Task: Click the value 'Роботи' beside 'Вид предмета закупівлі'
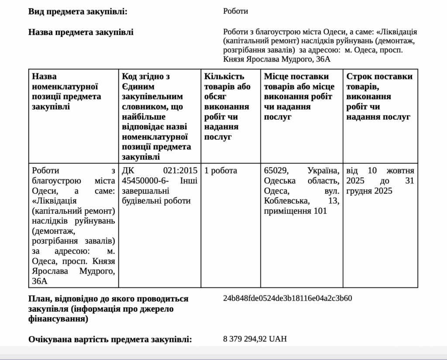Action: (235, 11)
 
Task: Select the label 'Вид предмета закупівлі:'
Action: (78, 11)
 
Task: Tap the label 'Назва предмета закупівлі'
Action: (81, 32)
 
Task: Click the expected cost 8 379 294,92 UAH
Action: (255, 339)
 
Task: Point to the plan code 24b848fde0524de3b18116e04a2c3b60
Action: (287, 298)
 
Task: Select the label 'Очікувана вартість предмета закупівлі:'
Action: (110, 339)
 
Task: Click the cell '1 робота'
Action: (220, 170)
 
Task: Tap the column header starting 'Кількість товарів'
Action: (227, 107)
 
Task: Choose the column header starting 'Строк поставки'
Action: (379, 97)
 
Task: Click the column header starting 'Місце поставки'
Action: (299, 97)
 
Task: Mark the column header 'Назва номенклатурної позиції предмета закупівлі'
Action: (66, 91)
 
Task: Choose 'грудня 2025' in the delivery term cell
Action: (369, 191)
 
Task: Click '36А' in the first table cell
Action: (39, 281)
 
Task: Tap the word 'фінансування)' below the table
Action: (58, 319)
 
